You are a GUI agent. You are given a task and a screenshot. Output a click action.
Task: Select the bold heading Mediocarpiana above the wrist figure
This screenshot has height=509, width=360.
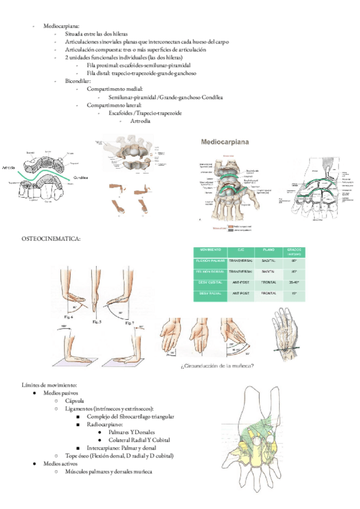point(227,143)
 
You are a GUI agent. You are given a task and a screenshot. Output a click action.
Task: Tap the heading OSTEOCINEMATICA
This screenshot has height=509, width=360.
point(50,239)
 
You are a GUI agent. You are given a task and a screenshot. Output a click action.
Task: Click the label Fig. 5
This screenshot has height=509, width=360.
point(98,322)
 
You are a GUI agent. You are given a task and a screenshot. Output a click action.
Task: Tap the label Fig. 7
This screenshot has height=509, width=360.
point(131,322)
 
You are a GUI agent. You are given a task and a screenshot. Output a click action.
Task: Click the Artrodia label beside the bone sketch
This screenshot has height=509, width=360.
point(8,167)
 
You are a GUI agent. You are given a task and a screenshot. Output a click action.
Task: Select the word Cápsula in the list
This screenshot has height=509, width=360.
point(76,400)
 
